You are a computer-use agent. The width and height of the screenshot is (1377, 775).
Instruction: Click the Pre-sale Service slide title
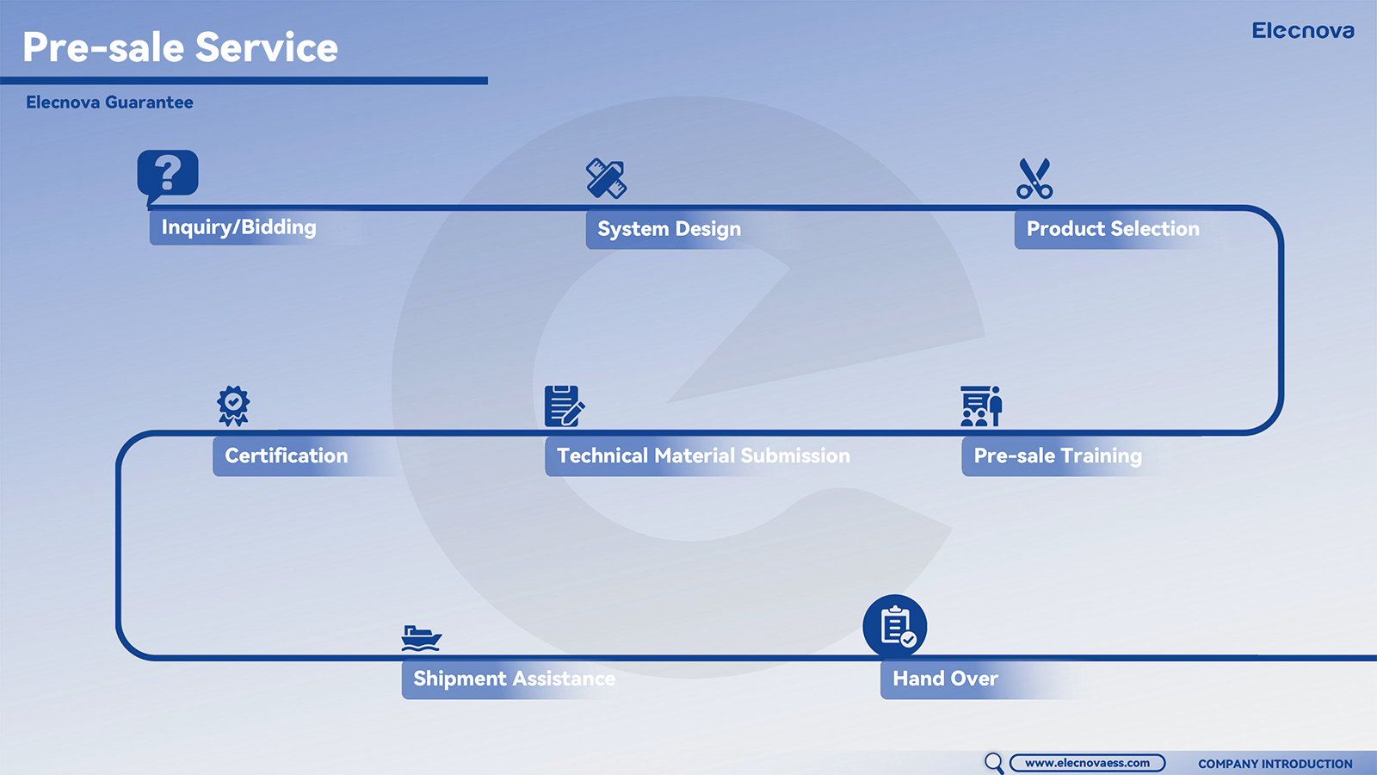180,47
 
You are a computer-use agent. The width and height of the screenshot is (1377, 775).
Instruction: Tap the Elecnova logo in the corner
1303,31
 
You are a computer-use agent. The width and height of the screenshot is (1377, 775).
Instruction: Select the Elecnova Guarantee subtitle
109,102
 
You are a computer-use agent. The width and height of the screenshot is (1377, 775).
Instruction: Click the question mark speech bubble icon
167,177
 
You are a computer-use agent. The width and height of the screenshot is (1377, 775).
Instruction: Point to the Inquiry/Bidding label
238,227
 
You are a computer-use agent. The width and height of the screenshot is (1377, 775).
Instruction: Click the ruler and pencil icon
606,178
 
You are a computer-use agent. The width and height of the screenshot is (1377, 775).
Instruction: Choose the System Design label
669,229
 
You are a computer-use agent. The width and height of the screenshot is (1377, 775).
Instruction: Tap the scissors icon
1034,179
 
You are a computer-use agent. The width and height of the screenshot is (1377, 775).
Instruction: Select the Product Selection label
1113,229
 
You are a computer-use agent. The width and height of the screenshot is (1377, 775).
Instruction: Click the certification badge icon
233,406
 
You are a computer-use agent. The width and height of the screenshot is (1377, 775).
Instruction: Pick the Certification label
286,456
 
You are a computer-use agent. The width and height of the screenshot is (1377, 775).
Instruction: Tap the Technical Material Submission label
703,456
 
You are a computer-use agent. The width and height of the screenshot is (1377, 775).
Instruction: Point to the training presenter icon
982,406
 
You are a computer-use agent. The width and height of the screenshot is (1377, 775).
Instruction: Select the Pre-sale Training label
1058,456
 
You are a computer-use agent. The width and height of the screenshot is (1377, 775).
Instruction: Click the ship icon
421,638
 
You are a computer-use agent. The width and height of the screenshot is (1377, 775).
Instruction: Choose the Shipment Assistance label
514,679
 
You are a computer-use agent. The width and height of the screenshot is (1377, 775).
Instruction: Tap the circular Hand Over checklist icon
895,626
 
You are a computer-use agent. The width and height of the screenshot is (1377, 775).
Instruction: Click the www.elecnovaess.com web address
1087,763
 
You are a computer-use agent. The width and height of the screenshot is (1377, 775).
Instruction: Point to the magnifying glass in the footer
993,763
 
